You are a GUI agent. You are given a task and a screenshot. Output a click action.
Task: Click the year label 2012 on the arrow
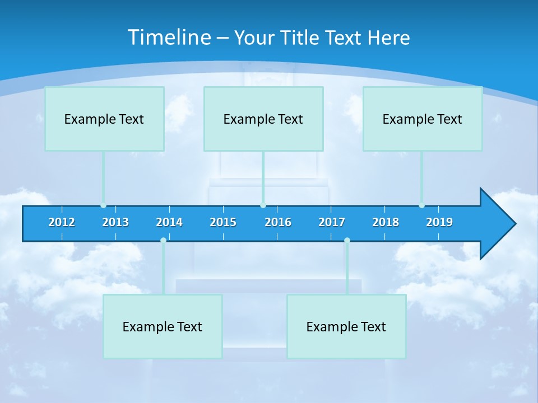pos(62,222)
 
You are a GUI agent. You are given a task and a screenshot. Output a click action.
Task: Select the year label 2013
pos(115,222)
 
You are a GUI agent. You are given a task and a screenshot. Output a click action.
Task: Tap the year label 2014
pos(169,222)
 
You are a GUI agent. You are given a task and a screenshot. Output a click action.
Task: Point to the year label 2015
pos(223,222)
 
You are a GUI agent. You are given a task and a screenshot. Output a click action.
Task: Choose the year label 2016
pos(278,222)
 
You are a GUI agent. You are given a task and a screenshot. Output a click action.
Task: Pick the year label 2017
pos(332,222)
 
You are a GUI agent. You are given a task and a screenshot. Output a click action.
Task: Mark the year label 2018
pos(386,222)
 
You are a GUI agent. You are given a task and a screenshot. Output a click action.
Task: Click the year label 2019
pos(439,222)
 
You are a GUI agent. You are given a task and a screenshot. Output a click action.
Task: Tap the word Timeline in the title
pos(169,38)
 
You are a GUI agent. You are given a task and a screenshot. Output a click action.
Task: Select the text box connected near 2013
pos(104,119)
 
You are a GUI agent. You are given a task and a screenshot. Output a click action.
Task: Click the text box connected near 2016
pos(263,119)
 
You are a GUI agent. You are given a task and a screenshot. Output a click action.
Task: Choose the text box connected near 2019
pos(423,119)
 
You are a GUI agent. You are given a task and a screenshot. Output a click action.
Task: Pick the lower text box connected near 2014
pos(163,326)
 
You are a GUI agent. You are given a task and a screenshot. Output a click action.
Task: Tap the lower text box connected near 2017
pos(346,326)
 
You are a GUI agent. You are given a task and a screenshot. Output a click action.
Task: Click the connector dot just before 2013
pos(103,205)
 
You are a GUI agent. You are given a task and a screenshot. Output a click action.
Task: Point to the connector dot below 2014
pos(163,240)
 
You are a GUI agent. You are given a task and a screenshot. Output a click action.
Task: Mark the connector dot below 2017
pos(347,240)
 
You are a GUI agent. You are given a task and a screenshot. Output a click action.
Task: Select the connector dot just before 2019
pos(421,205)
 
